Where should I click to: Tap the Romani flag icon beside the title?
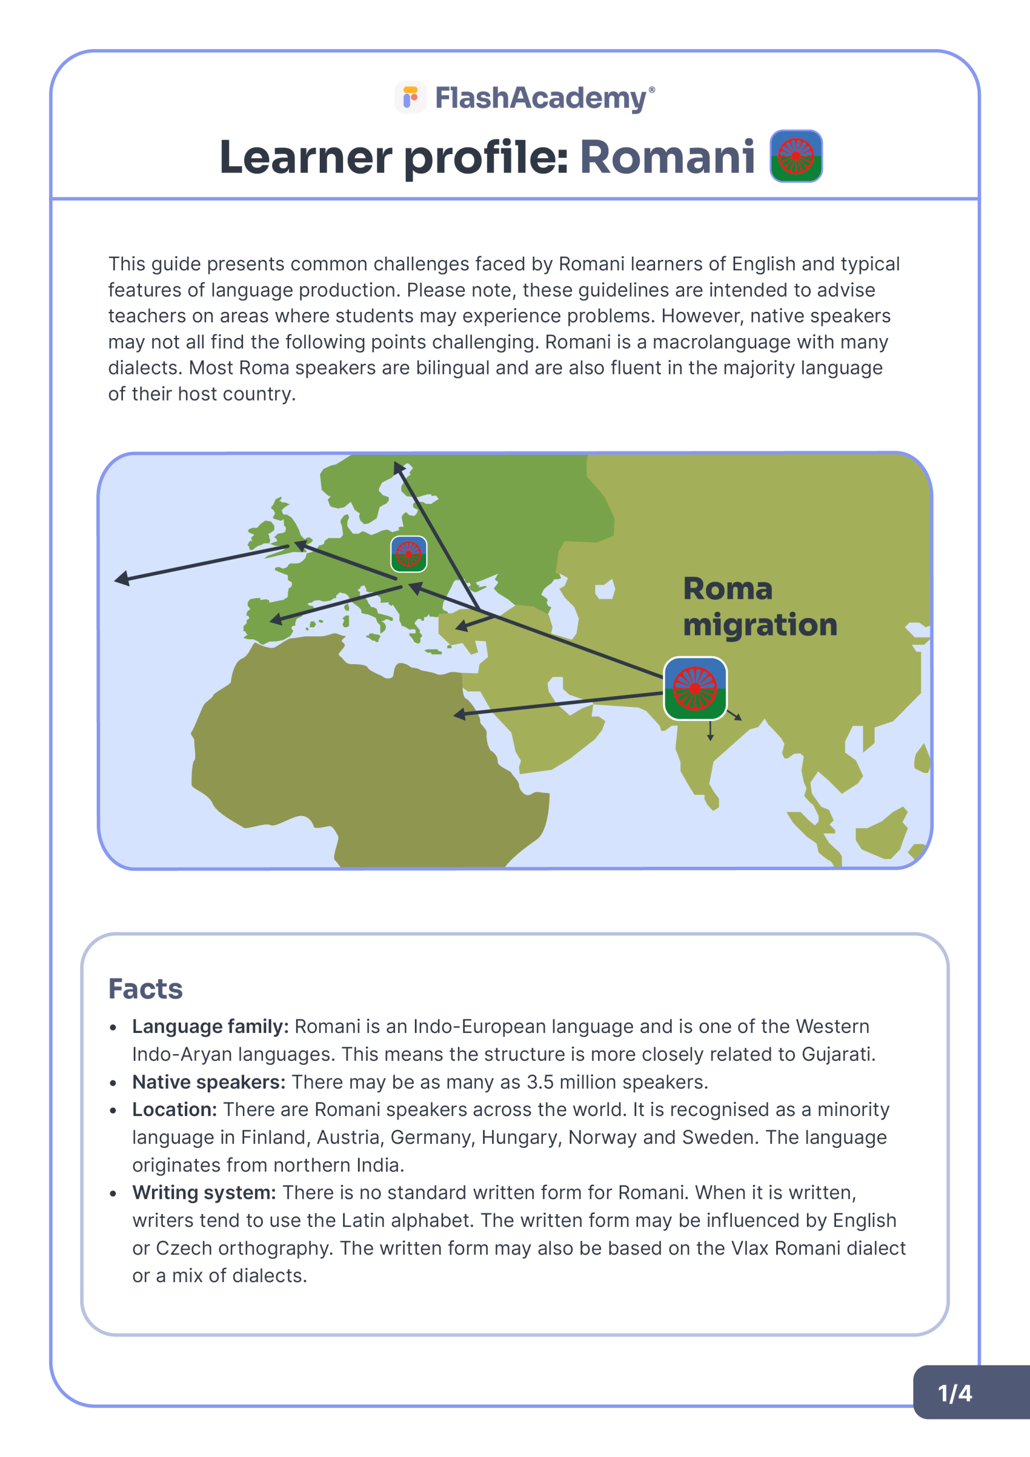click(x=796, y=156)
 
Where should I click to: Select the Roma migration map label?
click(x=759, y=607)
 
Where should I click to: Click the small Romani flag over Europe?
click(x=409, y=553)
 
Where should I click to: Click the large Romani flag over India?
click(x=695, y=688)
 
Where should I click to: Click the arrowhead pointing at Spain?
click(x=276, y=619)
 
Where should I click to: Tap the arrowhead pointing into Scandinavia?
click(x=398, y=468)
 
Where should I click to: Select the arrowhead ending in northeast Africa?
click(x=459, y=714)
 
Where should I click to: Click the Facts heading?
click(x=145, y=989)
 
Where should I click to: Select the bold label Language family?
click(x=210, y=1027)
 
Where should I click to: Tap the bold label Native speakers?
click(x=209, y=1082)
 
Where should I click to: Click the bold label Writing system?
click(x=204, y=1193)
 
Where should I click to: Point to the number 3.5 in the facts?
click(x=540, y=1082)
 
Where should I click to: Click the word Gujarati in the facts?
click(x=838, y=1054)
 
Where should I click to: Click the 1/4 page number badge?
click(x=954, y=1394)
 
